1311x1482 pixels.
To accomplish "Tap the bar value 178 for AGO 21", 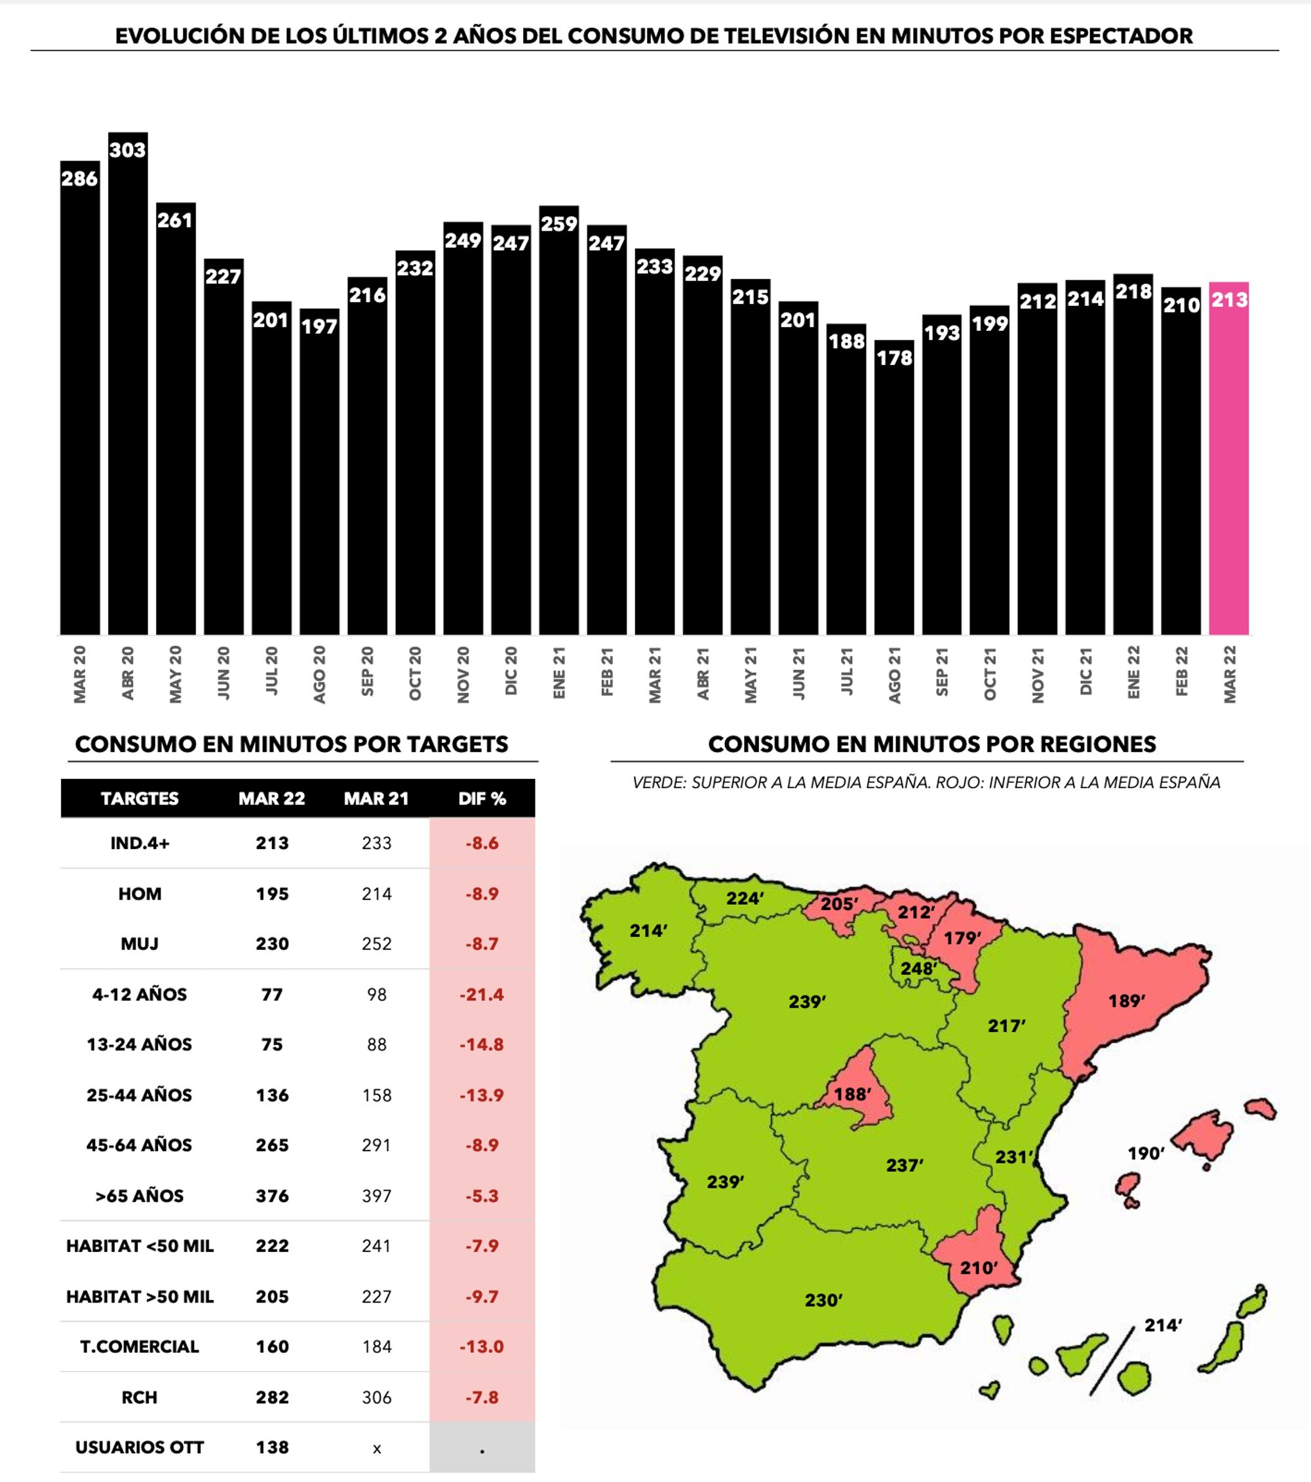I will (x=894, y=358).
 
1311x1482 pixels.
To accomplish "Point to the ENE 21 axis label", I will (x=558, y=674).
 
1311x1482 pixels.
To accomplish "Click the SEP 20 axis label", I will (x=367, y=672).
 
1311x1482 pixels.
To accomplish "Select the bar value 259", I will (x=558, y=224).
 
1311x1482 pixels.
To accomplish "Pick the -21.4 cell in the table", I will (x=482, y=994).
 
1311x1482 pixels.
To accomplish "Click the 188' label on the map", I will (x=851, y=1093).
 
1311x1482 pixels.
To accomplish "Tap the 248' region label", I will (x=918, y=968).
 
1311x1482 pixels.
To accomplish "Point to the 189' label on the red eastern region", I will (x=1126, y=1001).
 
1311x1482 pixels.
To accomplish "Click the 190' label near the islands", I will (x=1146, y=1154).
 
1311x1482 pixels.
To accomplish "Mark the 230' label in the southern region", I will (x=823, y=1301).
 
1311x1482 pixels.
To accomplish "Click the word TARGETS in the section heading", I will (x=446, y=744).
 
